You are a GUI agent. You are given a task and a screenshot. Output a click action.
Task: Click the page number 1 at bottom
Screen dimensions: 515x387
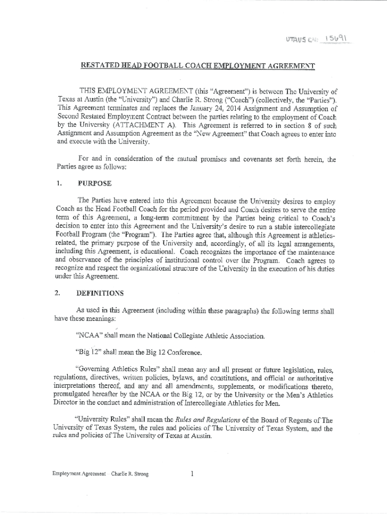pos(192,474)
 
